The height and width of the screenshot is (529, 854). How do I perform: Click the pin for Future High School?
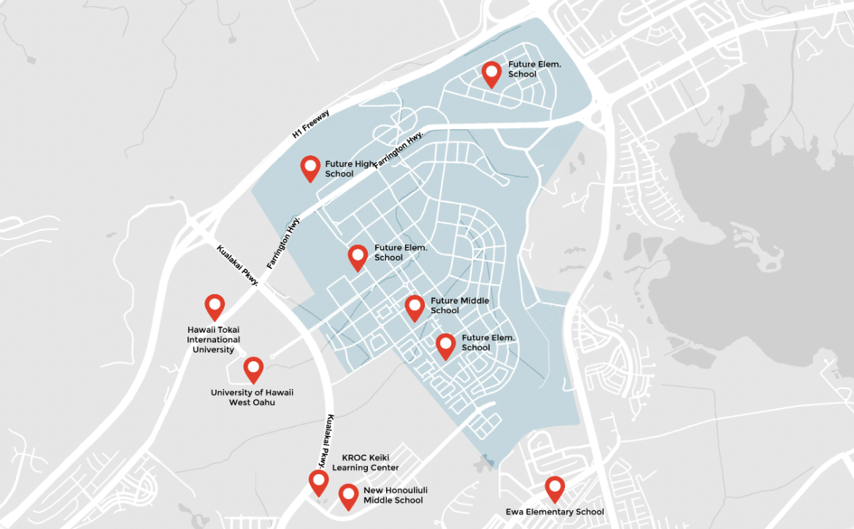311,167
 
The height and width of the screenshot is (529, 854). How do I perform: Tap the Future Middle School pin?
415,306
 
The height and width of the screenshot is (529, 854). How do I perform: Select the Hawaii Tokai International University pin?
215,306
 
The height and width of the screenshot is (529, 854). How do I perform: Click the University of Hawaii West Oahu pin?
253,368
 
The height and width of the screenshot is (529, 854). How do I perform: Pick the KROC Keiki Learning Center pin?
318,481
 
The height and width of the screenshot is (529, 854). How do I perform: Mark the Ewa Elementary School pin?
555,487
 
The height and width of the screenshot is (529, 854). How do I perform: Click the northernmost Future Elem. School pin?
492,72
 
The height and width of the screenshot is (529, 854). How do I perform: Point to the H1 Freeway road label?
311,123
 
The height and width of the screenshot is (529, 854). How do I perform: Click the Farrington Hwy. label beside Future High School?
399,151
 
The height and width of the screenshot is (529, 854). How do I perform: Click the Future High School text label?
350,169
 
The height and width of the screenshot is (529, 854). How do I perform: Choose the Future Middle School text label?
459,306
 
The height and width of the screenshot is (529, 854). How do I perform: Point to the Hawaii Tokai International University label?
213,340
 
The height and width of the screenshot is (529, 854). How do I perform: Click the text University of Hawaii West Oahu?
252,398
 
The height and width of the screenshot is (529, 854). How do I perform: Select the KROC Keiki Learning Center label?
366,463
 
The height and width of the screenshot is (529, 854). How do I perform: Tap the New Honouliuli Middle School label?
393,495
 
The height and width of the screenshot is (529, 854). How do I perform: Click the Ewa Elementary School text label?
555,511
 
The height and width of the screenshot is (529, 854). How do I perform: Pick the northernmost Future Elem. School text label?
534,69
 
